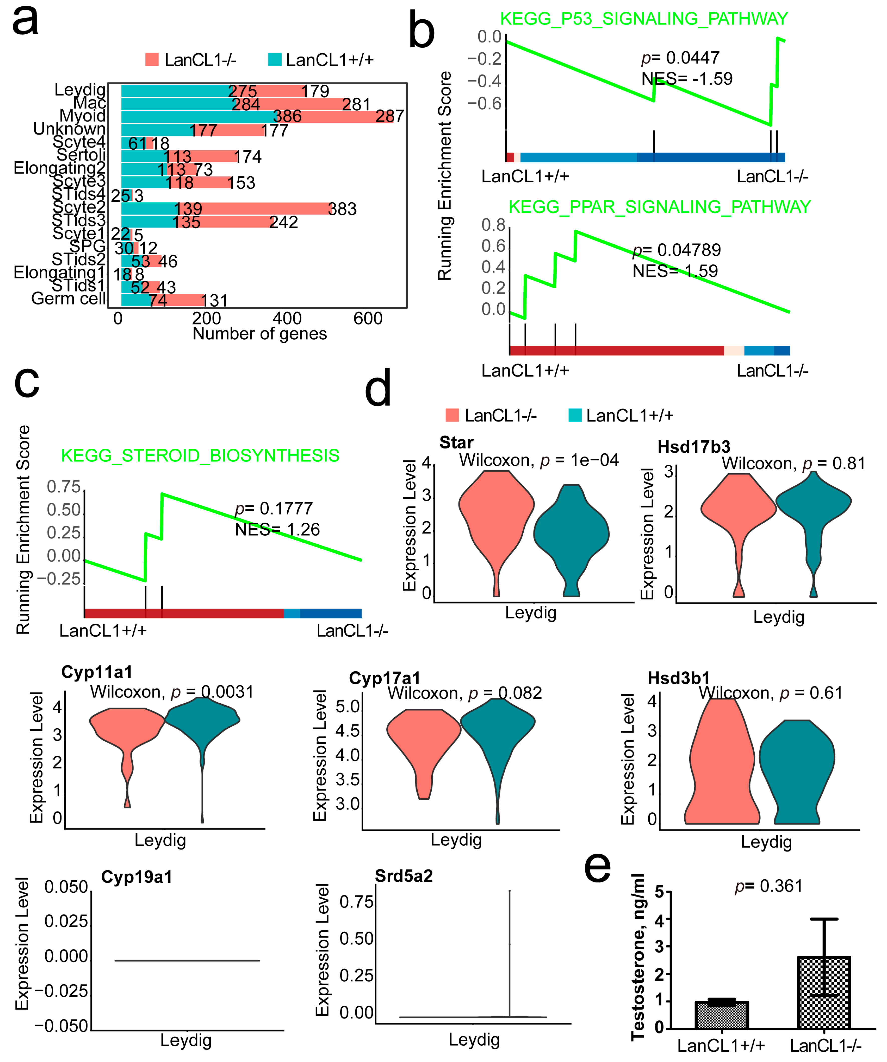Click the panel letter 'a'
tap(25, 21)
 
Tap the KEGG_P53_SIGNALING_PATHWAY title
tap(643, 19)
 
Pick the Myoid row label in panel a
tap(82, 116)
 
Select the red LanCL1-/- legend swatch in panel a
tap(152, 60)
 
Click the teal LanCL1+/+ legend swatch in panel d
tap(575, 416)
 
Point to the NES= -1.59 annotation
tap(687, 79)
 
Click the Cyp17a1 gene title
tap(384, 678)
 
